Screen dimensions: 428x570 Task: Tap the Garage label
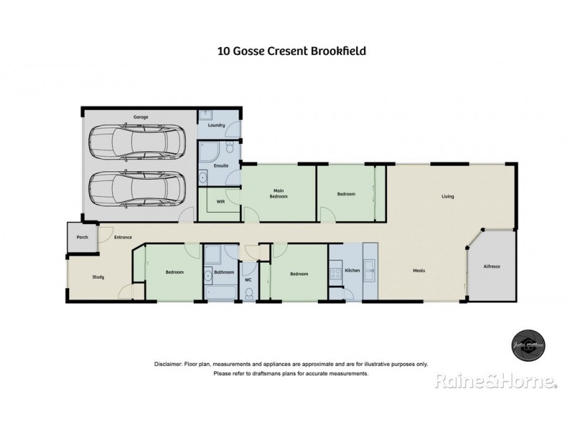[140, 116]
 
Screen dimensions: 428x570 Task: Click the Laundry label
[217, 126]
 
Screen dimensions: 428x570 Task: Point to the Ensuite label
[221, 165]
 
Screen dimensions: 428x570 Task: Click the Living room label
[447, 196]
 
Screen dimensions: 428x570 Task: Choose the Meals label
[420, 270]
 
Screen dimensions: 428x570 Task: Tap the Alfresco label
[492, 266]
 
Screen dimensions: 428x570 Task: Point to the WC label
[248, 280]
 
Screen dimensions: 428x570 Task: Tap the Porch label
[82, 237]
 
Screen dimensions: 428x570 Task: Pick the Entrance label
[123, 237]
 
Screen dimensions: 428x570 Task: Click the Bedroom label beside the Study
[175, 272]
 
